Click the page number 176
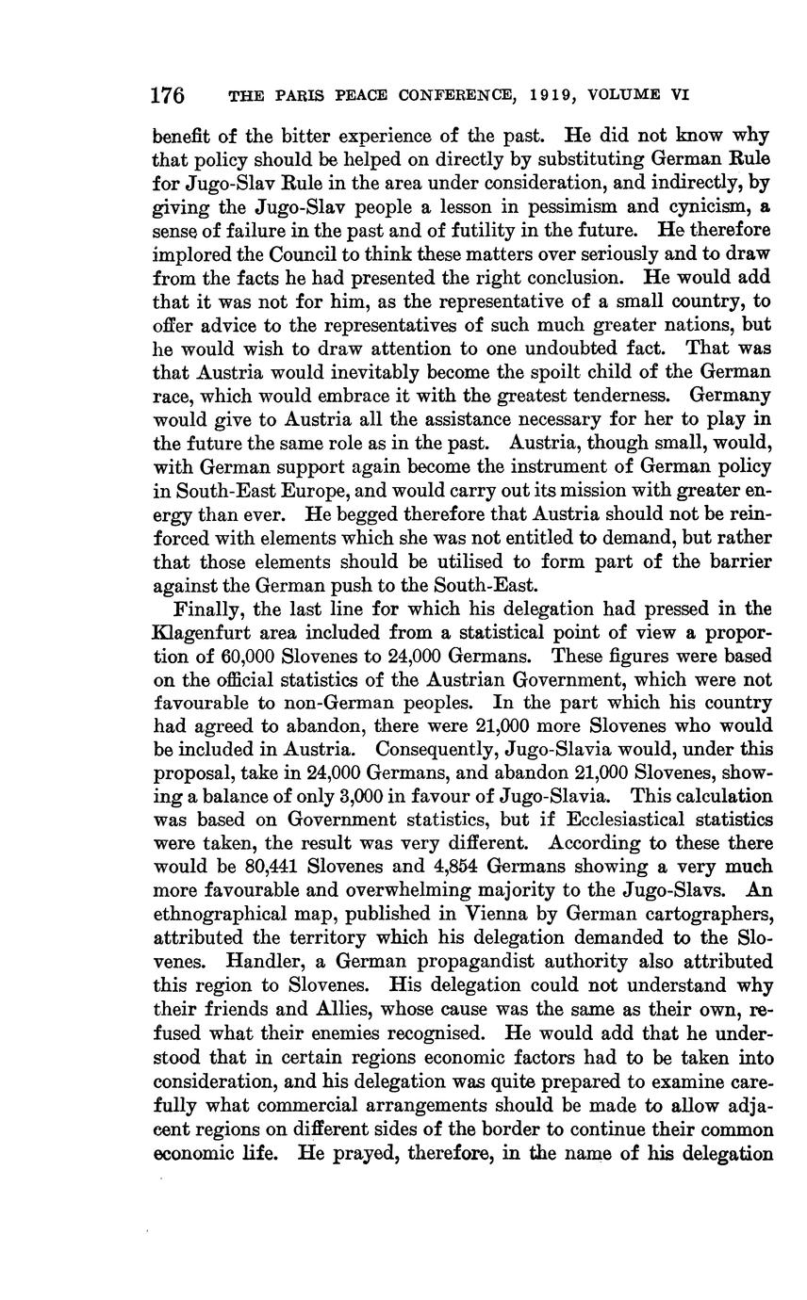[168, 95]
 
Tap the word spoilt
[546, 371]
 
